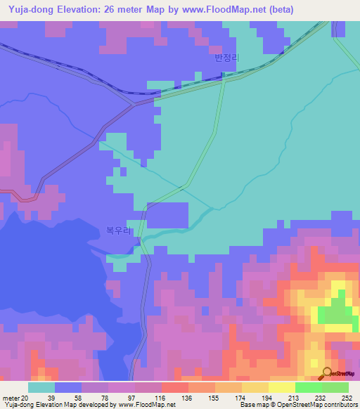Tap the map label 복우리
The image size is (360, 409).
[x=118, y=230]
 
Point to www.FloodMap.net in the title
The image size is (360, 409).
[x=218, y=9]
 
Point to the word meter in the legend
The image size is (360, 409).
[x=12, y=397]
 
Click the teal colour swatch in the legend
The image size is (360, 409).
[x=41, y=387]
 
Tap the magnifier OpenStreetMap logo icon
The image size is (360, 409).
[x=327, y=373]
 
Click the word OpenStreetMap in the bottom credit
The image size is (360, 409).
[x=294, y=405]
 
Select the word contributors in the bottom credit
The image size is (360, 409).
[x=340, y=405]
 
